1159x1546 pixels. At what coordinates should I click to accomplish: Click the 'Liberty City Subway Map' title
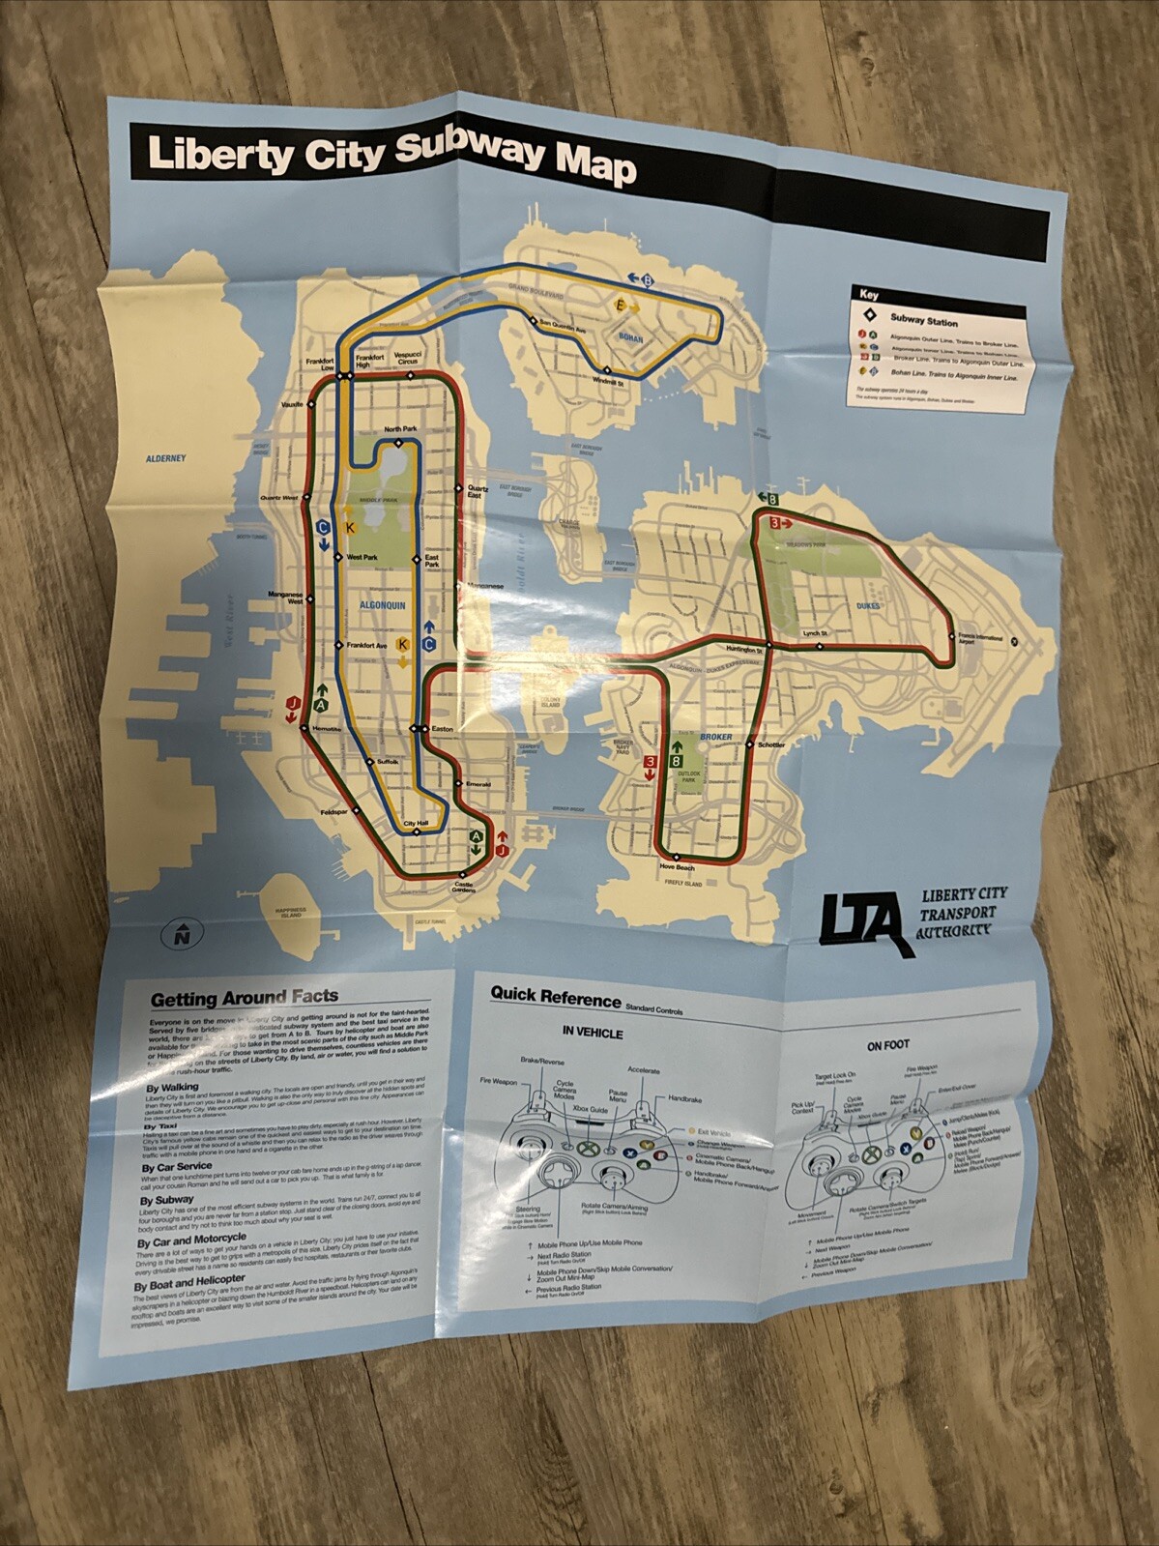(x=391, y=157)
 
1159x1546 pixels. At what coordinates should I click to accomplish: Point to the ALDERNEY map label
(x=165, y=458)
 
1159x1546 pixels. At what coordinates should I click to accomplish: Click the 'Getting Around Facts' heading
(x=244, y=997)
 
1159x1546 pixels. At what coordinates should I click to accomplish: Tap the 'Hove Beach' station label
(x=677, y=867)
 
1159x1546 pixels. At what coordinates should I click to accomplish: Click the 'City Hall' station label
(x=415, y=825)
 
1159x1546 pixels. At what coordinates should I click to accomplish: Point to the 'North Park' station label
(x=399, y=428)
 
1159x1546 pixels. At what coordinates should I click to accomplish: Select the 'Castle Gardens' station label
(x=464, y=887)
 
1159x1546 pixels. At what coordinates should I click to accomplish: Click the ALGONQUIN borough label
(x=382, y=605)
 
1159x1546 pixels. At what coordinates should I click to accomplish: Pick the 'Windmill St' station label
(x=607, y=383)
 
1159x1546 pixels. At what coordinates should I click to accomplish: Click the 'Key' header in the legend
(x=868, y=295)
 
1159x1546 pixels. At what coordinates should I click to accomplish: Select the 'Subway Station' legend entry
(x=923, y=321)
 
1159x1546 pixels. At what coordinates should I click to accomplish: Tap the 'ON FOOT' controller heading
(x=886, y=1045)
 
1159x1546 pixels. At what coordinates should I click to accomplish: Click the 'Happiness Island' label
(x=290, y=913)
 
